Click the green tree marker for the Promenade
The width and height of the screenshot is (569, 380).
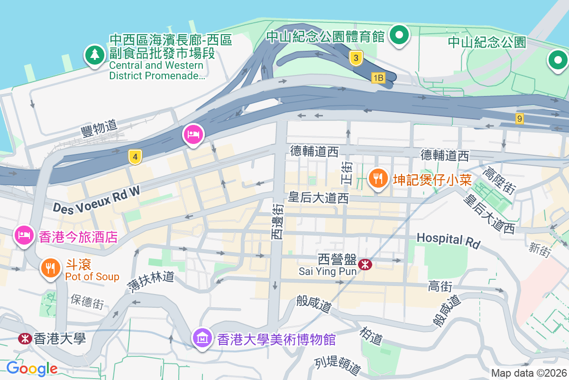coord(95,55)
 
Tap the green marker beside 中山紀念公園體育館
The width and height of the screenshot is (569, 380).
coord(399,36)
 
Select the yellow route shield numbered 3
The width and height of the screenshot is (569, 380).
coord(356,58)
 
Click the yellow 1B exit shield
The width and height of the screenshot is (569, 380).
coord(378,77)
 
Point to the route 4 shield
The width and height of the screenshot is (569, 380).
coord(135,157)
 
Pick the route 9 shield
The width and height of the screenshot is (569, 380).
coord(520,118)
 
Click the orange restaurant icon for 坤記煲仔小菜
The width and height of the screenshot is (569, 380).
coord(377,179)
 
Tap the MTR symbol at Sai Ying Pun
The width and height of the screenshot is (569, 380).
coord(366,265)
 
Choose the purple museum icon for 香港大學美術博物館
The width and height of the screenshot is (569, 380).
coord(202,339)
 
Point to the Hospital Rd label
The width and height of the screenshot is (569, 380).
coord(448,240)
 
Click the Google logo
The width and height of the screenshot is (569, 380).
coord(32,368)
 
